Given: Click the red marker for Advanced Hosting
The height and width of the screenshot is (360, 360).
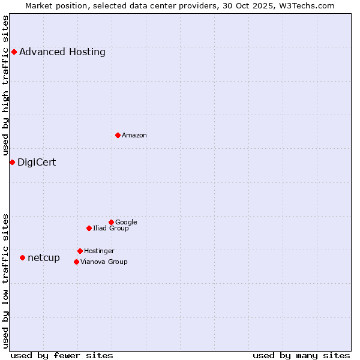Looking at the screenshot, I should [x=14, y=52].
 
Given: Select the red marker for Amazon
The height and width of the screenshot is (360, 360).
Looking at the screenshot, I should [x=118, y=135].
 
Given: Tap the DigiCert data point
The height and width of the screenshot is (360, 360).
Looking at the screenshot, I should [x=12, y=162].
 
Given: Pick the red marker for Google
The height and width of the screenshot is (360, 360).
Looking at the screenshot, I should [x=111, y=222].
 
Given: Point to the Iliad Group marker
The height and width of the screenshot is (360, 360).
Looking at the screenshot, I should [x=89, y=228].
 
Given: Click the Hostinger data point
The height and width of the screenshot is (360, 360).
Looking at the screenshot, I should [x=80, y=251].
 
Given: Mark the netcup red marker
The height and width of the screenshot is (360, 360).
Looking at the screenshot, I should [x=22, y=257].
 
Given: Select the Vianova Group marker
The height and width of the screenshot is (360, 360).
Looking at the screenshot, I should [x=76, y=262].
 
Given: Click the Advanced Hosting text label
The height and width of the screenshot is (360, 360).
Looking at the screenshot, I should [x=62, y=52].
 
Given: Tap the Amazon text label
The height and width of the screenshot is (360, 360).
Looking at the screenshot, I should [x=134, y=135].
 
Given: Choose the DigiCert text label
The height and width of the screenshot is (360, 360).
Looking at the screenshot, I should [x=37, y=162].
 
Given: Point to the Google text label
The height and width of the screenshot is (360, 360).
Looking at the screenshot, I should [x=126, y=222].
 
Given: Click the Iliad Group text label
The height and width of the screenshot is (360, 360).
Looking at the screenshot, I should [x=111, y=228].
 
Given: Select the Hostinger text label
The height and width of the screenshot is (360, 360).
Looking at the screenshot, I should [x=99, y=251].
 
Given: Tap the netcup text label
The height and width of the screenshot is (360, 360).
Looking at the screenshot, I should [x=44, y=257].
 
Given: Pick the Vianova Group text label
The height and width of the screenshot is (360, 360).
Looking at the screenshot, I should [x=104, y=262].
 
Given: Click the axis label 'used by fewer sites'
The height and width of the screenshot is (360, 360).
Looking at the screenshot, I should [x=62, y=355].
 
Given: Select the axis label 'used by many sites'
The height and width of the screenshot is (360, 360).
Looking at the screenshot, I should [x=301, y=355].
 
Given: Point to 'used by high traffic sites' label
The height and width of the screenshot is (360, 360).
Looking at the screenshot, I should [x=5, y=86].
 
